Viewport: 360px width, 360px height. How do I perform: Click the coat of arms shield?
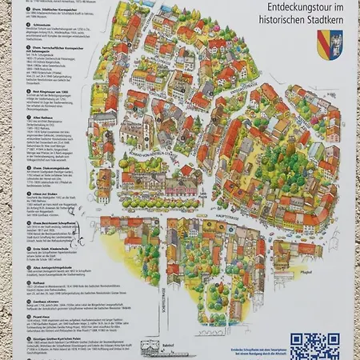coord(329,45)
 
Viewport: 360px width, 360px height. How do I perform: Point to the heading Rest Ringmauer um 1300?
coord(50,94)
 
